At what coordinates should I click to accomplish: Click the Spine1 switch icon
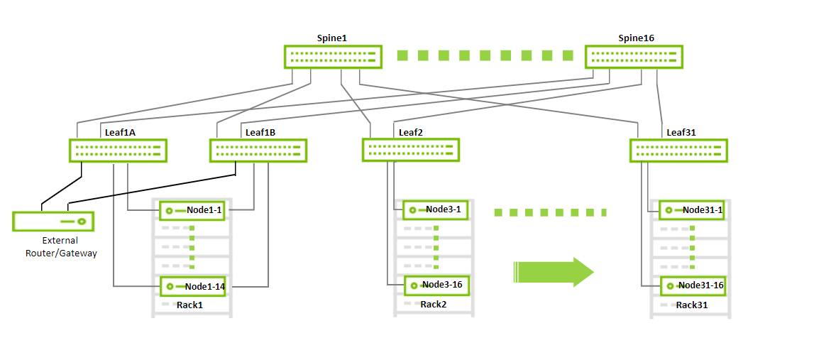coord(333,57)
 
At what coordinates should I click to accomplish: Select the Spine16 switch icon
coord(634,57)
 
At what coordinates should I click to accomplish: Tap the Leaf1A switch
coord(118,151)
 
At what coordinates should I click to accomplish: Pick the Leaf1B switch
coord(258,151)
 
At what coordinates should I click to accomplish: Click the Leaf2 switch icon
coord(411,150)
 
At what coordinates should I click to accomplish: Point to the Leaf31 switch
coord(678,151)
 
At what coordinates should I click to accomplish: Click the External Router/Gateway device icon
coord(53,222)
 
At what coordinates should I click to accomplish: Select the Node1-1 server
coord(192,210)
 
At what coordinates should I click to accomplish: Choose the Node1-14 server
coord(192,287)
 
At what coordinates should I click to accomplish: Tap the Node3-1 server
coord(436,209)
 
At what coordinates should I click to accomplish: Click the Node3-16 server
coord(436,285)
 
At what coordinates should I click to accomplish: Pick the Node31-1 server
coord(692,210)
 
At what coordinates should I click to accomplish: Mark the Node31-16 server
coord(693,286)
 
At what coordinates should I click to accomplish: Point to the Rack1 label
coord(189,305)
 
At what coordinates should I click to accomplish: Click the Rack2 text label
coord(433,305)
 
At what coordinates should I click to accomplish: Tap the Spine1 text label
coord(332,38)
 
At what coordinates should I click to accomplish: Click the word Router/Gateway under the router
coord(60,253)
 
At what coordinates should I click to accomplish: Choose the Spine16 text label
coord(636,38)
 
